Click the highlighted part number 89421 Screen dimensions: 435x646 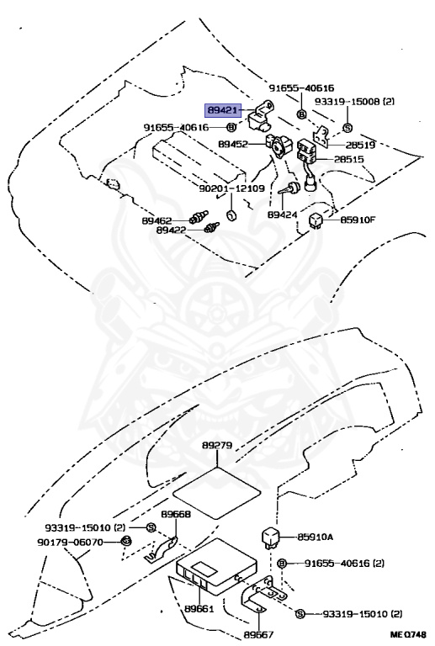coord(222,110)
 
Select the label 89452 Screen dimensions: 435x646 coord(233,144)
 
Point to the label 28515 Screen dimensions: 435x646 coord(349,159)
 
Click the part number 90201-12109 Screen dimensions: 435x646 coord(231,188)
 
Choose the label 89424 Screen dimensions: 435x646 coord(282,214)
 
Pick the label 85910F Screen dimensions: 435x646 coord(358,220)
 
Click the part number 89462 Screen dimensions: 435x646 coord(156,221)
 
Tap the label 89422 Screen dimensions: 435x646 coord(171,230)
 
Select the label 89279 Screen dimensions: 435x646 coord(217,445)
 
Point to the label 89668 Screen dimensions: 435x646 coord(176,515)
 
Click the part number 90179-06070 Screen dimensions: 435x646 coord(70,543)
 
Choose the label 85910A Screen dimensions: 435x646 coord(316,537)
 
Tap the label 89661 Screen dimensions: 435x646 coord(199,608)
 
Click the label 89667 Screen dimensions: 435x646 coord(258,635)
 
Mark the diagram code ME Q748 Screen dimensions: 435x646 coord(407,636)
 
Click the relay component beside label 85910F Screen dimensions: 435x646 coord(316,221)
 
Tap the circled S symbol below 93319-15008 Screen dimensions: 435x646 coord(347,128)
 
